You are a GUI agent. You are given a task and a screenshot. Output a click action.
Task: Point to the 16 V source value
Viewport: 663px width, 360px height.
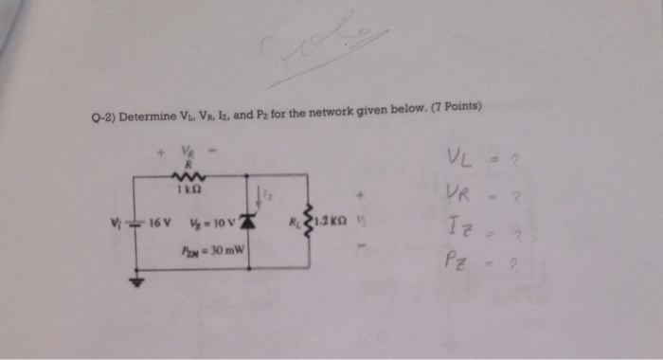(x=161, y=226)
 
